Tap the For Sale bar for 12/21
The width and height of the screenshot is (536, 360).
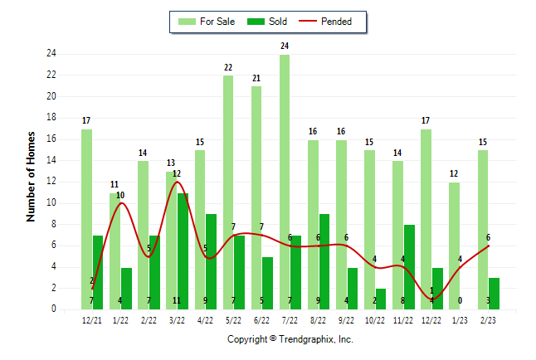coord(86,219)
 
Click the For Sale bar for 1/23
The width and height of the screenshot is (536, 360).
coord(455,246)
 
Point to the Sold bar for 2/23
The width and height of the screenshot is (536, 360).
coord(495,293)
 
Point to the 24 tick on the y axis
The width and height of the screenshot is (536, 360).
coord(51,54)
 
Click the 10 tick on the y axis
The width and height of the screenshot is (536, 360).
coord(51,202)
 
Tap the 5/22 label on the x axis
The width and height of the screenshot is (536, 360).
coord(234,319)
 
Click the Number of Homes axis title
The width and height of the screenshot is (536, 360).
coord(32,176)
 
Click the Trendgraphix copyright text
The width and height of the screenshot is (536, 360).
coord(290,339)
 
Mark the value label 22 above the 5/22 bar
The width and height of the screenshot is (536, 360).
coord(228,67)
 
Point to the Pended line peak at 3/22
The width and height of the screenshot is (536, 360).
coord(177,182)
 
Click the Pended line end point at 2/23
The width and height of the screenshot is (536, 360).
coord(489,246)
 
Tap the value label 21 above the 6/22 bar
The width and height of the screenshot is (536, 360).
coord(256,78)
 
